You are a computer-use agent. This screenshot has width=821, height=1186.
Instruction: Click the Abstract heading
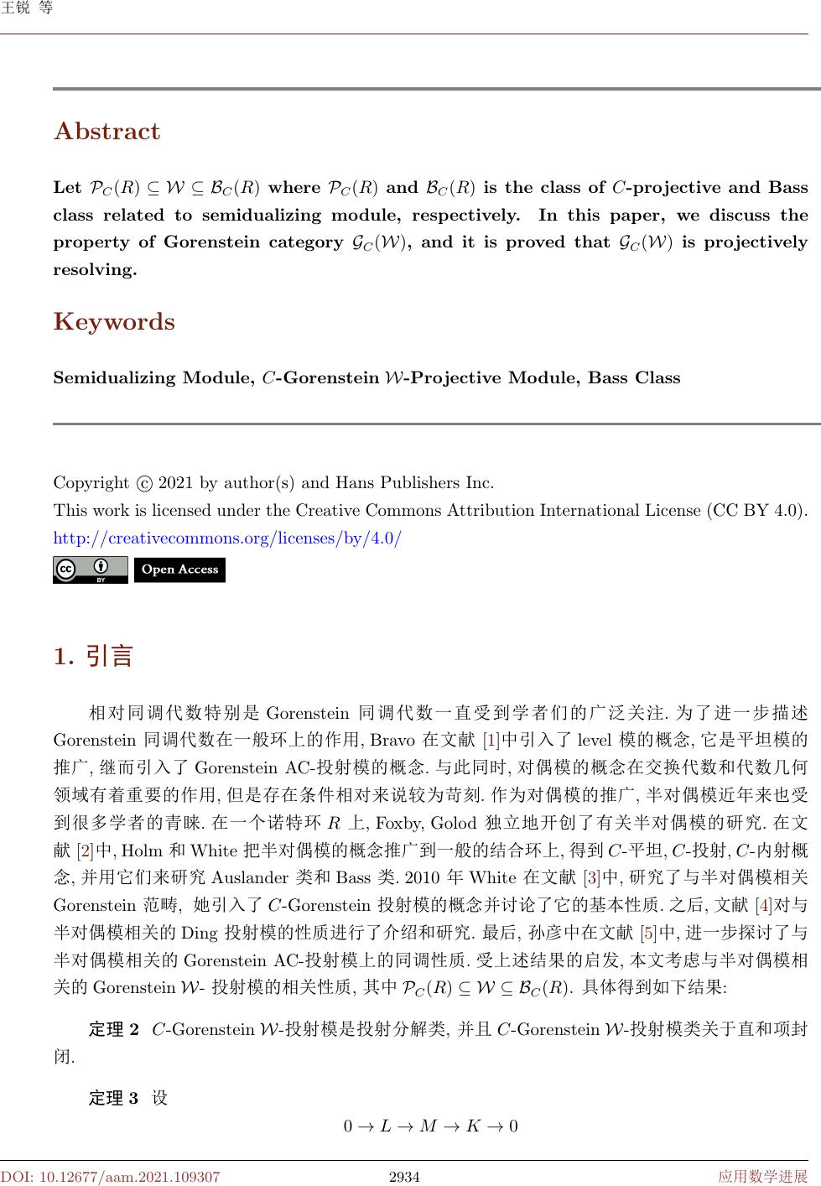[x=107, y=132]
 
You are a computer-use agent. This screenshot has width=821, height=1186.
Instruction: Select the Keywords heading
[x=114, y=322]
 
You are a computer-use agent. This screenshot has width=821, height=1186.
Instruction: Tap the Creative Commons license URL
[x=227, y=538]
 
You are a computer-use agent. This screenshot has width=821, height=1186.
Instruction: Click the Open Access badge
[x=179, y=570]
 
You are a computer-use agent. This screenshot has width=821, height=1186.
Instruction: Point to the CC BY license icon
[x=91, y=570]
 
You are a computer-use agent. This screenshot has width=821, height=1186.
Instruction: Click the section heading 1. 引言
[x=93, y=656]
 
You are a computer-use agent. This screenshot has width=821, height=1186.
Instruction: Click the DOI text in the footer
[x=111, y=1177]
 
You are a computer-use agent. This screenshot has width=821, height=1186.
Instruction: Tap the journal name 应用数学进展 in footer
[x=762, y=1177]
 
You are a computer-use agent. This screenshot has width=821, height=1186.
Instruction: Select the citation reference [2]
[x=86, y=850]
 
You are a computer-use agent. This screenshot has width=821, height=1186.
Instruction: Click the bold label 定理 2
[x=114, y=1030]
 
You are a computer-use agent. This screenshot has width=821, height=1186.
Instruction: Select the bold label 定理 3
[x=114, y=1099]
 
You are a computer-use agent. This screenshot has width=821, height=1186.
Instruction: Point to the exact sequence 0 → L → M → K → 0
[x=431, y=1126]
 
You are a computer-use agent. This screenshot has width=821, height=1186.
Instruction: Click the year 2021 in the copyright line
[x=176, y=483]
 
